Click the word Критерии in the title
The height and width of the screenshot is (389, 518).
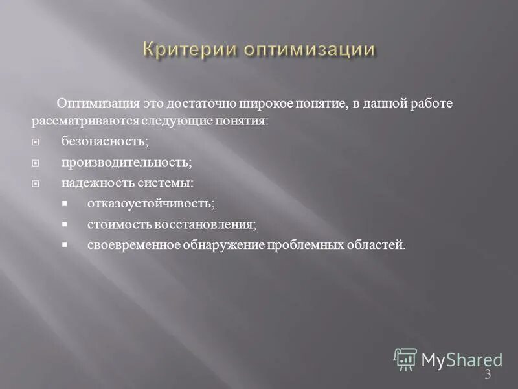click(x=181, y=51)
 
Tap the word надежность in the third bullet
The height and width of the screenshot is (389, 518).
click(x=91, y=183)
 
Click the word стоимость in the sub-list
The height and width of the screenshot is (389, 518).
click(x=118, y=224)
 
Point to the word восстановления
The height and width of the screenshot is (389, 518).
click(x=205, y=224)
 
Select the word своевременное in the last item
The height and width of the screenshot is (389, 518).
click(x=129, y=245)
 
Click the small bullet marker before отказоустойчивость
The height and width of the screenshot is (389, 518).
click(x=65, y=204)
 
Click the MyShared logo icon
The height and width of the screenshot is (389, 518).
click(x=405, y=359)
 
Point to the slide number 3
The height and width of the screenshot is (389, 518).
click(x=488, y=375)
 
